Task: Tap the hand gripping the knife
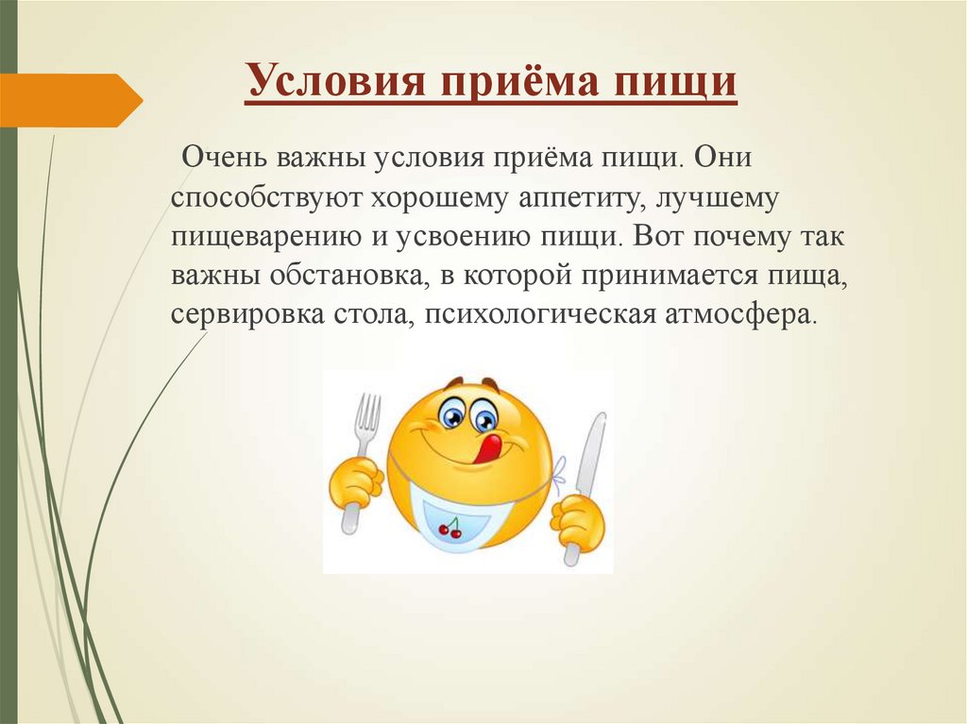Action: [x=577, y=519]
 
